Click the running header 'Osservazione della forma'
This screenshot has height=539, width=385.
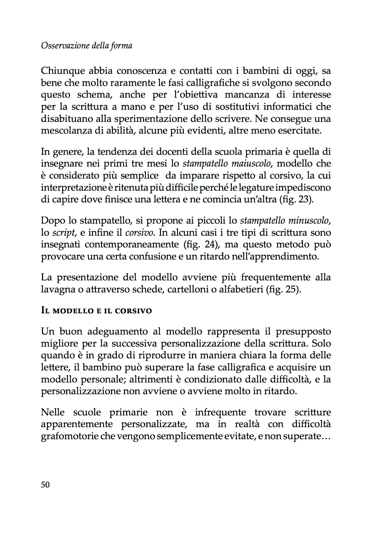[86, 46]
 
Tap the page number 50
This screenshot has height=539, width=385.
[45, 485]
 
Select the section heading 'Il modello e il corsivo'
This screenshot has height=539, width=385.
[96, 310]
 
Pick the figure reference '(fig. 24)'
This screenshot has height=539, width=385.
[201, 245]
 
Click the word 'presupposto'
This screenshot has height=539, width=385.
[303, 332]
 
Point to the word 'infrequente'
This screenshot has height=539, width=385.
[220, 412]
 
